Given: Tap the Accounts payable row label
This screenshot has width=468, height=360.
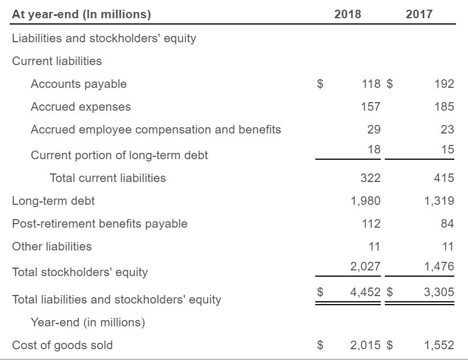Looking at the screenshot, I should click(79, 84).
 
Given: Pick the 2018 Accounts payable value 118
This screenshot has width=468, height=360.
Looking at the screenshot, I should click(371, 84).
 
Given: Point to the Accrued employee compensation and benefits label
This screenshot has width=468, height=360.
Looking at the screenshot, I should click(156, 130).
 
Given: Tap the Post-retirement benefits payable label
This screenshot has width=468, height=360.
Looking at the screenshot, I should click(100, 224).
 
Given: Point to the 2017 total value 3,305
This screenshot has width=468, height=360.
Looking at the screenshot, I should click(439, 292).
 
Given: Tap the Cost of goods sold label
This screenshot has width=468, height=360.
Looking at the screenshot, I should click(62, 345).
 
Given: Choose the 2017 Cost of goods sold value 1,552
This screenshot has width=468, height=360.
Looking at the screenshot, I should click(439, 345).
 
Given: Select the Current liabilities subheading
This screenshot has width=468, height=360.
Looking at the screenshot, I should click(57, 61).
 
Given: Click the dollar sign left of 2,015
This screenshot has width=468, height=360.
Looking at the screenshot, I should click(320, 345).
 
